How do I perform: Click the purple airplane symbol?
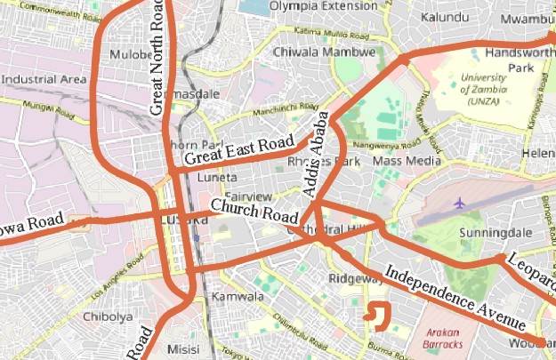(x=460, y=203)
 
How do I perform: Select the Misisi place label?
(x=184, y=350)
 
